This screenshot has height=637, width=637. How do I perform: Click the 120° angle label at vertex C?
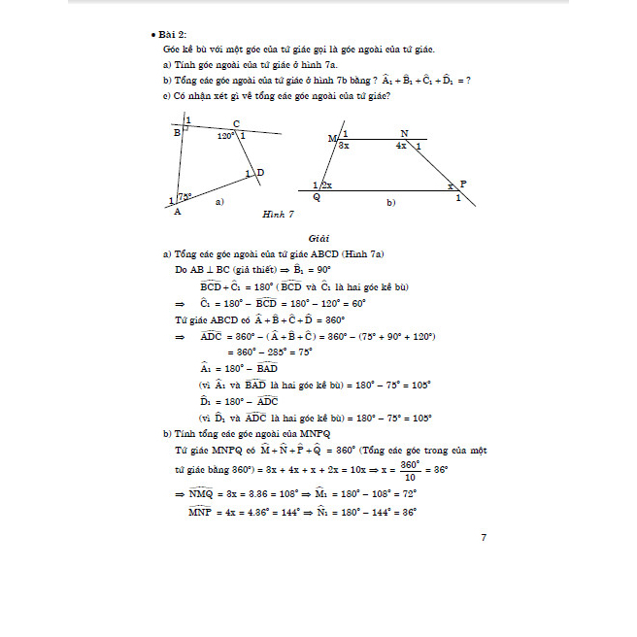coord(225,137)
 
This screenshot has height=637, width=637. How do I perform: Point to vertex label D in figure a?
coord(260,173)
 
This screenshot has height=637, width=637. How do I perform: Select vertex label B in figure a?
coord(177,133)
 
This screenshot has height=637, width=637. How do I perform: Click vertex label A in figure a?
coord(177,213)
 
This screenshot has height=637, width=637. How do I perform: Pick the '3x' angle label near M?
coord(344,145)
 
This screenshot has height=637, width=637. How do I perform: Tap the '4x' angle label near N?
coord(401,146)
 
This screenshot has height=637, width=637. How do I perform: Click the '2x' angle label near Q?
coord(327,184)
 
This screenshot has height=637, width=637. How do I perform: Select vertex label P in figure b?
coord(462,183)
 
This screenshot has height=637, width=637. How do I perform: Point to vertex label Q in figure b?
coord(317,196)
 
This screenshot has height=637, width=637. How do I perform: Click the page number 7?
coord(484,538)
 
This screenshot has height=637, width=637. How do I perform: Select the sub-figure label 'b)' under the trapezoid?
coord(390,203)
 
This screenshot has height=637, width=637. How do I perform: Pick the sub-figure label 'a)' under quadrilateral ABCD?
coord(219,201)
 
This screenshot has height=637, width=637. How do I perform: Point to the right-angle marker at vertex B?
coord(185,128)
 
